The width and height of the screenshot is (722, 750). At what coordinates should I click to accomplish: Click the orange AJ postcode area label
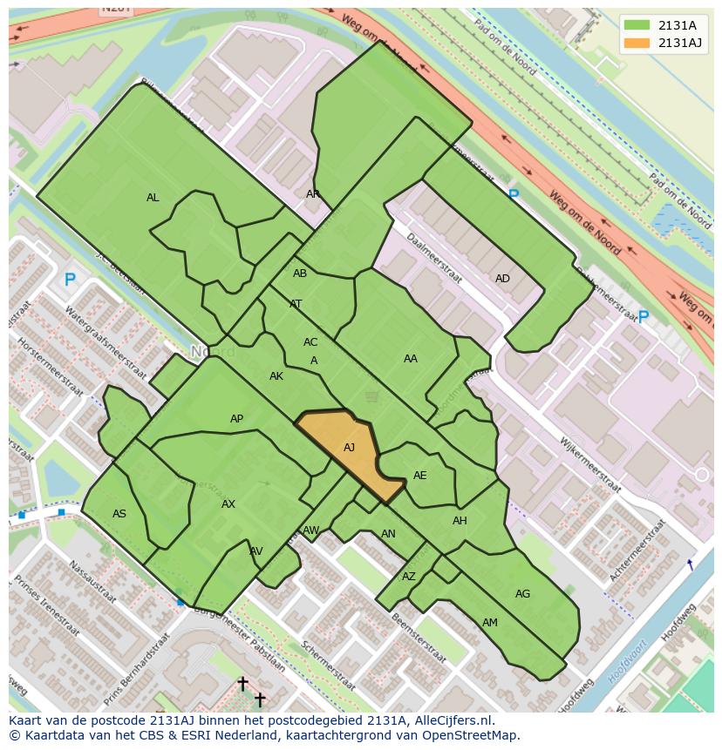tap(349, 448)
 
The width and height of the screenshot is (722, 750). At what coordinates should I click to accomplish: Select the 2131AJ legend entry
tap(680, 43)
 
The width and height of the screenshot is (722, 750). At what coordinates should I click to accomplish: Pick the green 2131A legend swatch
tap(637, 25)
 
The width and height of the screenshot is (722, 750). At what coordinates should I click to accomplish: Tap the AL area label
tap(153, 198)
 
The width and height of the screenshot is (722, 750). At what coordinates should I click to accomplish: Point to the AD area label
tap(502, 279)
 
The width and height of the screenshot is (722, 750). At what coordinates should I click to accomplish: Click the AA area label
tap(410, 358)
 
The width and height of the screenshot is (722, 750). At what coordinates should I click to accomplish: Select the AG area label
tap(522, 594)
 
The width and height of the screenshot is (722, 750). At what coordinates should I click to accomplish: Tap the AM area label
tap(490, 622)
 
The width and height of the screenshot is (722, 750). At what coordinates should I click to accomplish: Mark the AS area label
tap(119, 514)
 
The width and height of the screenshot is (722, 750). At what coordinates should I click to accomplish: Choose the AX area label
tap(228, 504)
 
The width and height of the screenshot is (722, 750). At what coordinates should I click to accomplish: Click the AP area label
tap(236, 419)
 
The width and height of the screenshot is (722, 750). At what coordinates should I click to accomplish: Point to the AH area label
tap(460, 521)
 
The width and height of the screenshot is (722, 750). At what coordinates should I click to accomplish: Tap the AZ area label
tap(409, 577)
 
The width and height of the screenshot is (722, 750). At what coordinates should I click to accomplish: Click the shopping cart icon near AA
tap(372, 397)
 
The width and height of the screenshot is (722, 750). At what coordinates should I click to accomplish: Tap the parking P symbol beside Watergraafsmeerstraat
tap(71, 280)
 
